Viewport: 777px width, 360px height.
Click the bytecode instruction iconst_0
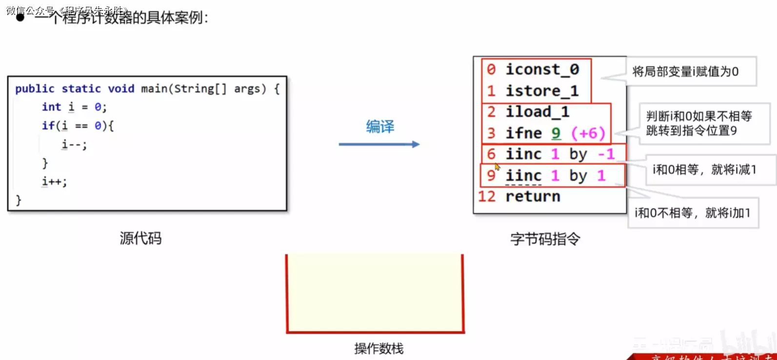pyautogui.click(x=542, y=70)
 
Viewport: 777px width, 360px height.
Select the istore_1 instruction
pyautogui.click(x=542, y=91)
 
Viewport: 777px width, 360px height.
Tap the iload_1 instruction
pyautogui.click(x=537, y=112)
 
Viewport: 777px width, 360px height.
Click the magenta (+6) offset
pyautogui.click(x=588, y=133)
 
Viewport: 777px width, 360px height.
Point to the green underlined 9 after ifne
pyautogui.click(x=556, y=133)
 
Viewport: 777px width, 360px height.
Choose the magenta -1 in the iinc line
pyautogui.click(x=606, y=154)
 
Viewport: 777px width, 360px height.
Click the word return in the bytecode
pyautogui.click(x=533, y=197)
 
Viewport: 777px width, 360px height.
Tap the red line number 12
pyautogui.click(x=487, y=197)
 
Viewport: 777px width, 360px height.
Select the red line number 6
pyautogui.click(x=491, y=154)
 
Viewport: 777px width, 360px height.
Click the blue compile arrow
pyautogui.click(x=379, y=144)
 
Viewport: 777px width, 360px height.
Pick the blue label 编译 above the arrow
pyautogui.click(x=380, y=127)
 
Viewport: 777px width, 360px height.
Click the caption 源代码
pyautogui.click(x=140, y=239)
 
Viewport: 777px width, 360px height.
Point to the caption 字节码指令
pyautogui.click(x=545, y=239)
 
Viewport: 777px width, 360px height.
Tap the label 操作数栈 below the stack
pyautogui.click(x=379, y=349)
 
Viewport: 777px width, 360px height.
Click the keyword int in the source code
pyautogui.click(x=51, y=107)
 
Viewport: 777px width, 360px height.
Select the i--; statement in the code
pyautogui.click(x=74, y=144)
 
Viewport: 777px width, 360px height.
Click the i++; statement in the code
pyautogui.click(x=54, y=181)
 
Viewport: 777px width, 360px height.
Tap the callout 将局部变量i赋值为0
pyautogui.click(x=685, y=72)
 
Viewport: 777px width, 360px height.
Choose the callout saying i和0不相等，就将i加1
pyautogui.click(x=692, y=213)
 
